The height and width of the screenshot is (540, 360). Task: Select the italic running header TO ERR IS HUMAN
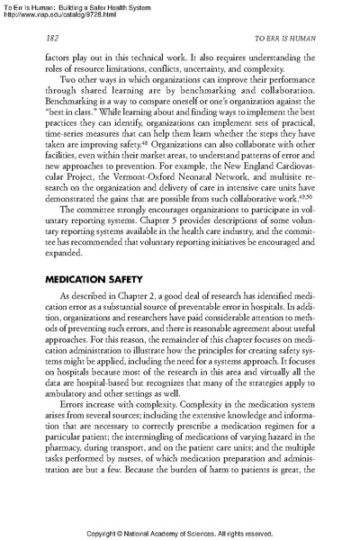pos(283,40)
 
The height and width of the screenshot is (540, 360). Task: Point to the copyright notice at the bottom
pos(180,530)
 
